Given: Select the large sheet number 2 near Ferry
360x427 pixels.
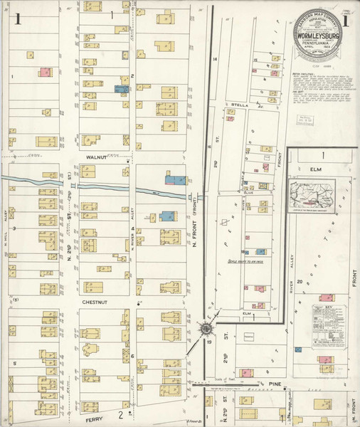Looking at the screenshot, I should coord(122,414).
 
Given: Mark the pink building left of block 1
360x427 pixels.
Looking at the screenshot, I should coord(44,72).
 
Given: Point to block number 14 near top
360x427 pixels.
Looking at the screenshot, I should coord(214,59).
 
